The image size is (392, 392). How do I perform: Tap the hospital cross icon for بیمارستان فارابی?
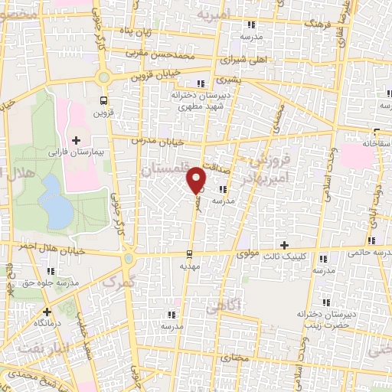tap(76, 139)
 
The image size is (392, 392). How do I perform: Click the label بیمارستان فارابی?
tap(77, 152)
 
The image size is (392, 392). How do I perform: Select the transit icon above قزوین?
tap(103, 100)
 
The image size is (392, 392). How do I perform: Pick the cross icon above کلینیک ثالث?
tap(285, 245)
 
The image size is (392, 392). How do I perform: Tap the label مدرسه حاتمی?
tap(367, 250)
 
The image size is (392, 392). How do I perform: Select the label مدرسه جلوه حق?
tap(51, 283)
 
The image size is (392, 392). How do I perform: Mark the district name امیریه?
tap(214, 15)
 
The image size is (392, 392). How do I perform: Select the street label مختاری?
tap(235, 358)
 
